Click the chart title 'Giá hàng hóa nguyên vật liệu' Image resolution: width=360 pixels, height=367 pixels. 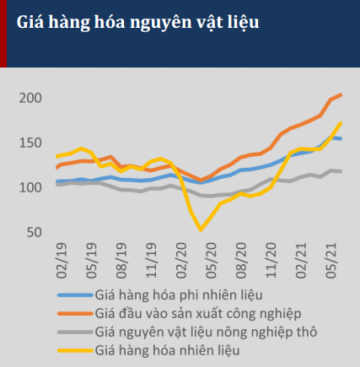tap(138, 23)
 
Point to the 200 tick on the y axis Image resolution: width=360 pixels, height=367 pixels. tap(30, 98)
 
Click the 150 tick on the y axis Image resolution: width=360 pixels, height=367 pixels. tap(30, 143)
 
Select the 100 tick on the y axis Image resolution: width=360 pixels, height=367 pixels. tap(30, 186)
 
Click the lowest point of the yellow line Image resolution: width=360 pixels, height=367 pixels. tap(201, 229)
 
